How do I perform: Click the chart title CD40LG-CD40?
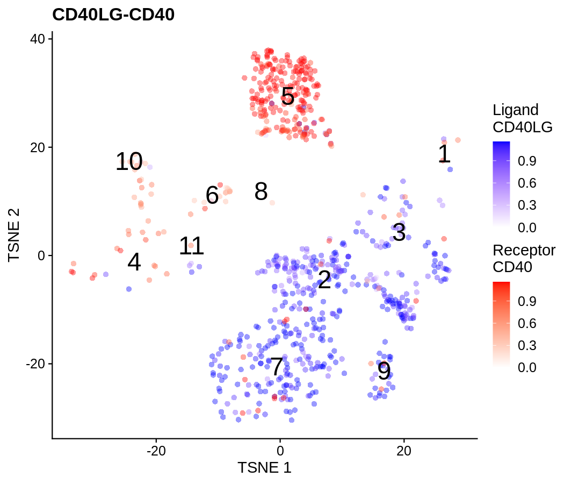click(x=113, y=15)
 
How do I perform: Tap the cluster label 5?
click(x=288, y=97)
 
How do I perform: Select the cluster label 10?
click(x=129, y=162)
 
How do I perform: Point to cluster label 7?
click(x=276, y=367)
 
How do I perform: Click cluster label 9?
click(x=384, y=371)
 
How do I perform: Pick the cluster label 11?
click(x=191, y=246)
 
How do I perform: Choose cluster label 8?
click(x=261, y=192)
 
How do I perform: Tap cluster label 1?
click(x=444, y=154)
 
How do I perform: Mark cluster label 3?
click(x=399, y=233)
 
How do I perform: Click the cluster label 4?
click(x=134, y=263)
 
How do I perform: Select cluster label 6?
click(x=212, y=196)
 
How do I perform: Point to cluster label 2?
click(x=324, y=280)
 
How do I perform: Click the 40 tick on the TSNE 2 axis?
click(x=38, y=39)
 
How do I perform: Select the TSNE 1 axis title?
click(x=264, y=467)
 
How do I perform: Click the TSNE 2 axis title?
click(x=15, y=234)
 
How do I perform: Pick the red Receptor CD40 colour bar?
click(x=501, y=324)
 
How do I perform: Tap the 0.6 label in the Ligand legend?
click(x=526, y=183)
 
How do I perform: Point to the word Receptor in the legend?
click(x=524, y=250)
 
